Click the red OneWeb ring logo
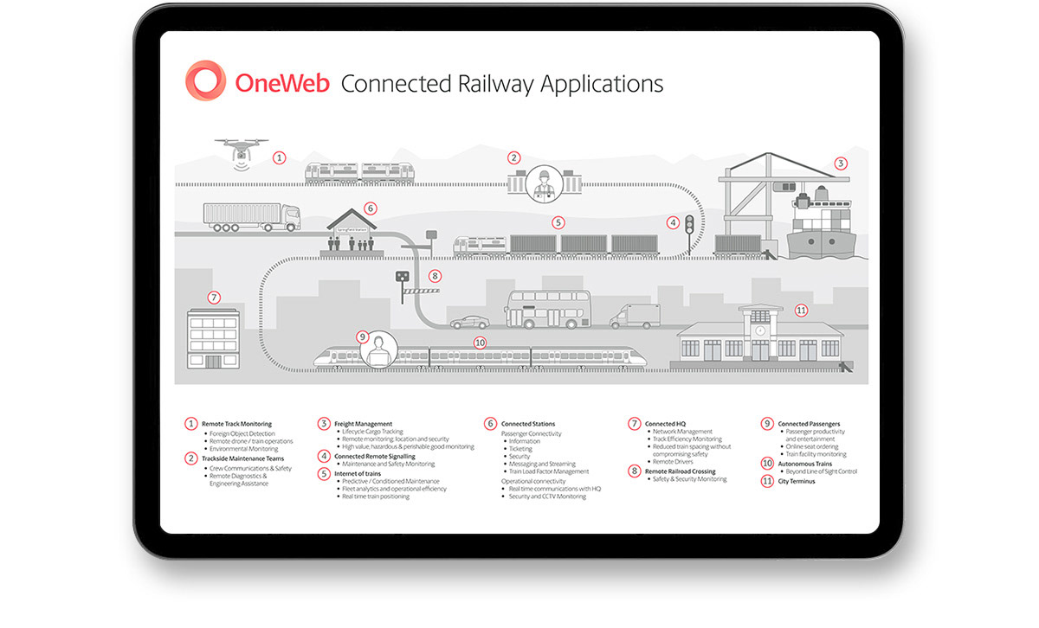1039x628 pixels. (205, 81)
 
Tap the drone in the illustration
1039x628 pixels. (237, 150)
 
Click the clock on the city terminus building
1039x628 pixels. (759, 330)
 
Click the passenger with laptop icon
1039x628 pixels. (378, 349)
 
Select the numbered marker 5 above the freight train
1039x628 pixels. (558, 222)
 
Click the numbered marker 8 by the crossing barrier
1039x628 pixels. (435, 277)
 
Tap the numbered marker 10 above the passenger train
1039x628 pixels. (480, 343)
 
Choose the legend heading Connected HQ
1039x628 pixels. (665, 424)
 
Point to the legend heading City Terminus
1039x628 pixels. (797, 481)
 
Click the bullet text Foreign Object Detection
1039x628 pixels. (242, 433)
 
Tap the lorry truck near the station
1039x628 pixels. (251, 217)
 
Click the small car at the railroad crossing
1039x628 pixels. (468, 321)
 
